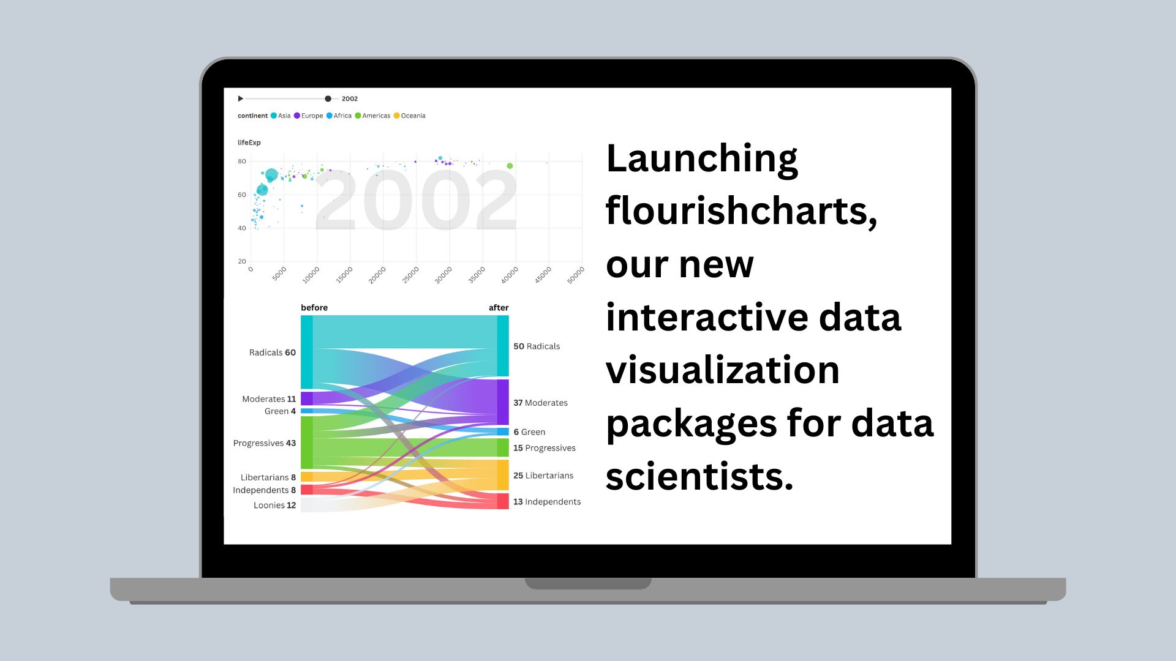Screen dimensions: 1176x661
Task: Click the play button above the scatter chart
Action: click(241, 99)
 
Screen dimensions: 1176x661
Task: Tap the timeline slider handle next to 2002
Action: click(328, 99)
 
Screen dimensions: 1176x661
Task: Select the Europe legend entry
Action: click(308, 116)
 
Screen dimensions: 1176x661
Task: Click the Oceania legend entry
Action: click(409, 116)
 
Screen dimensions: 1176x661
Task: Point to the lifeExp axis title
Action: click(249, 143)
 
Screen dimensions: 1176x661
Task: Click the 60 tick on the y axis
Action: click(242, 195)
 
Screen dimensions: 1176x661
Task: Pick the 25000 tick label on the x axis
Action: click(410, 275)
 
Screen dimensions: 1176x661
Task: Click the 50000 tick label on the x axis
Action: click(576, 275)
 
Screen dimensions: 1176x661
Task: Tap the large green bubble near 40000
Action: click(510, 166)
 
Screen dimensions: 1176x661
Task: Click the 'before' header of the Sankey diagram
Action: click(314, 307)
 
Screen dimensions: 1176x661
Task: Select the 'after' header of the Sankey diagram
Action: click(499, 307)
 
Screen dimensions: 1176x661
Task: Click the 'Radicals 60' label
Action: click(273, 353)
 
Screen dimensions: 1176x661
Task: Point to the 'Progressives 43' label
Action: click(265, 443)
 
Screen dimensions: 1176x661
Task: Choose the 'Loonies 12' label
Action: click(275, 505)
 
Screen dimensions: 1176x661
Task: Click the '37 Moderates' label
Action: click(540, 403)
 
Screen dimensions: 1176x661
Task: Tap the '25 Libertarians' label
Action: click(543, 476)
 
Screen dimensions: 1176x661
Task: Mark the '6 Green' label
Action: click(529, 432)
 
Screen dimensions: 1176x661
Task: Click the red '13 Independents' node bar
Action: click(503, 501)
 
